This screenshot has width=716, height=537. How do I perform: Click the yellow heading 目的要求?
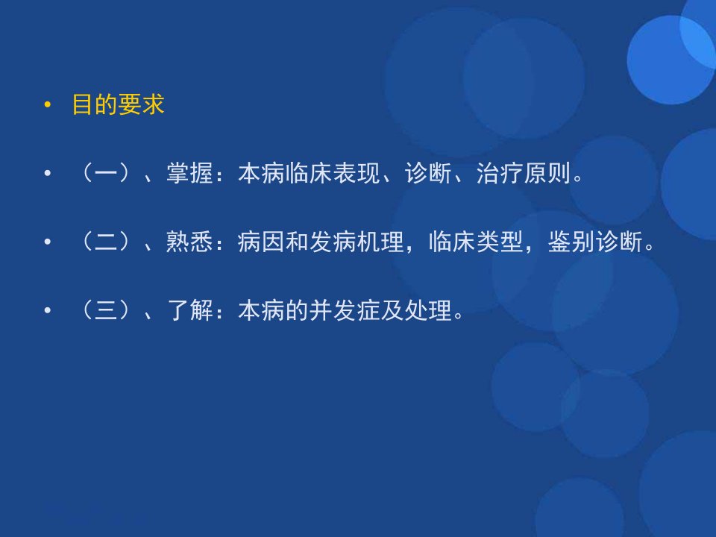coord(119,104)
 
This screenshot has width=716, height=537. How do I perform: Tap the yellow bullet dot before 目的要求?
coord(48,105)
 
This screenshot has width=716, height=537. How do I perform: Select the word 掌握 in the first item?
coord(189,173)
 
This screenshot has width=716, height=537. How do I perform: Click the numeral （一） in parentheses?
coord(106,173)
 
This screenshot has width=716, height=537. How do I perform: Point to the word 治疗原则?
coord(524,173)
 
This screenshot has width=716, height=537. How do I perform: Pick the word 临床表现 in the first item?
coord(333,173)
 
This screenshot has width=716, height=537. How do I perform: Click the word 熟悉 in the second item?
coord(189,242)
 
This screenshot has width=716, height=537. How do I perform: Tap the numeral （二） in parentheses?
coord(106,242)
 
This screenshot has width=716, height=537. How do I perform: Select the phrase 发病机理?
coord(357,242)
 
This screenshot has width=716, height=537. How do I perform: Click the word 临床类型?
coord(477,242)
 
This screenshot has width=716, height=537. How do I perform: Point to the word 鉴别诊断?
coord(595,242)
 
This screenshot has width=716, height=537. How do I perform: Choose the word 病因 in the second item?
coord(261,242)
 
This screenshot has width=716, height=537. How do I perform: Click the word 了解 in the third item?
coord(189,310)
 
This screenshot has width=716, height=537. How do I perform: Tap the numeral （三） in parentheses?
coord(106,310)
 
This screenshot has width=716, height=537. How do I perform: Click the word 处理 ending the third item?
coord(428,310)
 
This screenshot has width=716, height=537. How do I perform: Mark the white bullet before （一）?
coord(48,174)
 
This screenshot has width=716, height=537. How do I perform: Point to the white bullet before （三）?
coord(48,310)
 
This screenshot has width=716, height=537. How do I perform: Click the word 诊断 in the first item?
coord(428,173)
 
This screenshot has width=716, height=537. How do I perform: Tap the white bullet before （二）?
coord(48,242)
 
